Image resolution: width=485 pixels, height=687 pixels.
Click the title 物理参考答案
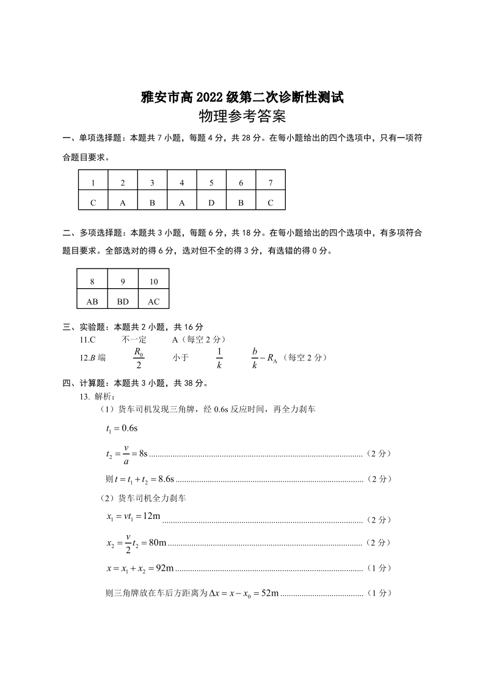242,116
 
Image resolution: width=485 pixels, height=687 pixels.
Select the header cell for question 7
271,182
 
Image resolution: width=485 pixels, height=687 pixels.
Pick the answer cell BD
123,301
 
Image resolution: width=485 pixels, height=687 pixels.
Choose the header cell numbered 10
153,281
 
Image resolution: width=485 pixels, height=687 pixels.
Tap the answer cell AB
92,301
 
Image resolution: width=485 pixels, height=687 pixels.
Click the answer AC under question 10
153,301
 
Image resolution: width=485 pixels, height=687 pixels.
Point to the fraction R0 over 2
139,358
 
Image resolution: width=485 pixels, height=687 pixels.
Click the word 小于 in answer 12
180,358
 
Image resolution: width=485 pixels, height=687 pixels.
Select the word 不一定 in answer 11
134,339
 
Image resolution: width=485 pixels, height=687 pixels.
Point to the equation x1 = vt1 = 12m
133,517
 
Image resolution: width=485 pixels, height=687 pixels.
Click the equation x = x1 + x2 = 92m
140,568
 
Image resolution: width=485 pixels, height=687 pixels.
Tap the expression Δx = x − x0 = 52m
244,593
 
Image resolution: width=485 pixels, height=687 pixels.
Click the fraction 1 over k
219,358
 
